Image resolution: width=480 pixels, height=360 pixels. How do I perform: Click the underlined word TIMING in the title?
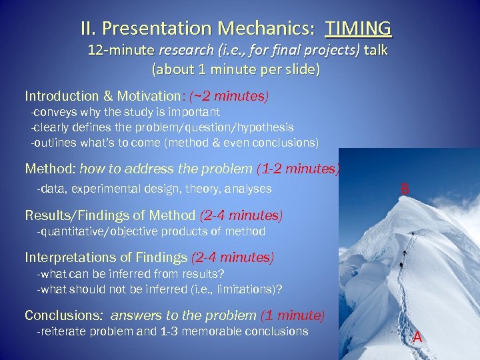[359, 29]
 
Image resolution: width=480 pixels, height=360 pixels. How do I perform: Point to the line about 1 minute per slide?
[236, 69]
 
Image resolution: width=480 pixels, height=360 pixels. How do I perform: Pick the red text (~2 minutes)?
[229, 97]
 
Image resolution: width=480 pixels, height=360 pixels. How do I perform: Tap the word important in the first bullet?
[193, 112]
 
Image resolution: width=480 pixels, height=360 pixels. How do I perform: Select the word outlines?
[54, 143]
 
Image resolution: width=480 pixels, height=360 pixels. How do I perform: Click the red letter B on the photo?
[404, 189]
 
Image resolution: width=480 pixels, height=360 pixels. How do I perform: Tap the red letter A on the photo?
[417, 337]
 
